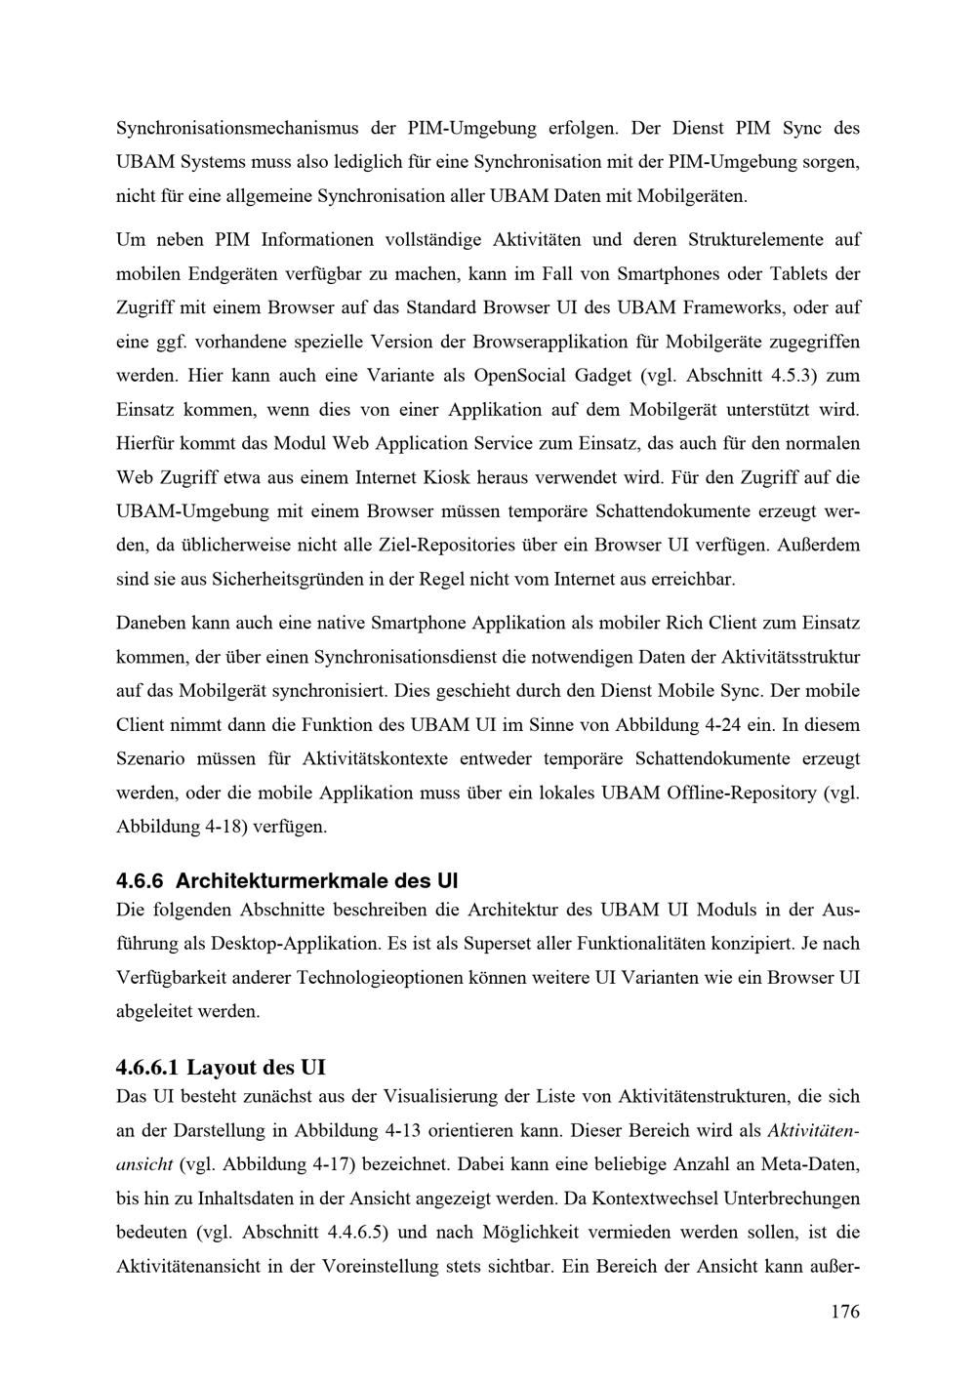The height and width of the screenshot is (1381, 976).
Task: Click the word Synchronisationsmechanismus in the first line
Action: pyautogui.click(x=238, y=128)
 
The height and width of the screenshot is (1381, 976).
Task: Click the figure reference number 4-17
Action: pyautogui.click(x=338, y=1164)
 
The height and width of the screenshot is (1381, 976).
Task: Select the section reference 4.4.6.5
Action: pyautogui.click(x=354, y=1232)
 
